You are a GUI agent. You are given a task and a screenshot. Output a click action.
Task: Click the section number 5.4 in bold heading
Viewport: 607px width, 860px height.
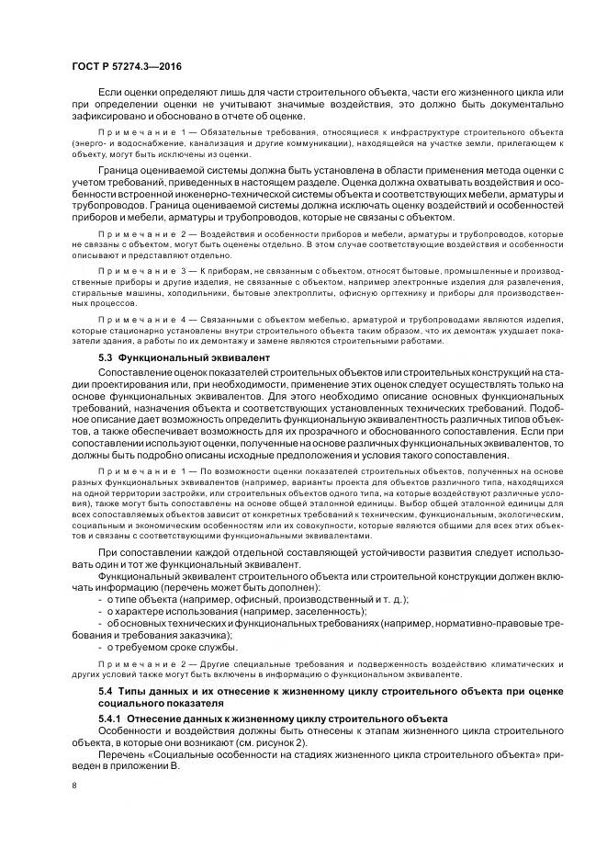107,689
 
